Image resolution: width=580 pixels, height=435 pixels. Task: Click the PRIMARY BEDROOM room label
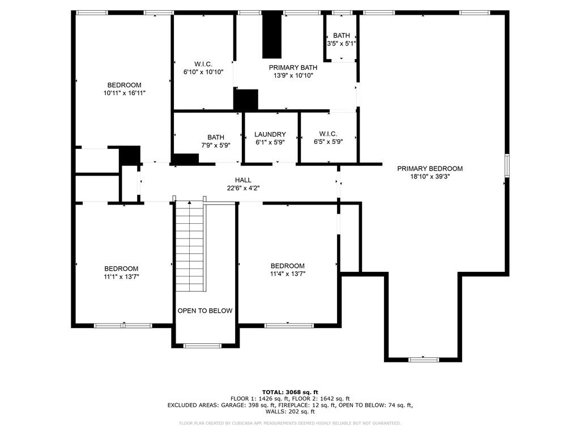coord(429,168)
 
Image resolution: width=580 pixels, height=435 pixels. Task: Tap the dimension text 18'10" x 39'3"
coord(429,176)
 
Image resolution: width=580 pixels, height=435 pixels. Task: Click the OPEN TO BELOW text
coord(204,310)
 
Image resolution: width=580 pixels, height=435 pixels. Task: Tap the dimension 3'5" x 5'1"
coord(341,43)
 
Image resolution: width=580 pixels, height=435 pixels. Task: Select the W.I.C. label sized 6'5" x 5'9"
coord(328,134)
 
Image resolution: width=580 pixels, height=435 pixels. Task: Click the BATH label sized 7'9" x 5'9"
coord(215,137)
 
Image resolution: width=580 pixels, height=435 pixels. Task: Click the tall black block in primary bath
coord(272,35)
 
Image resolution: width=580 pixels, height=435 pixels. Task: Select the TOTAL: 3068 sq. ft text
coord(290,392)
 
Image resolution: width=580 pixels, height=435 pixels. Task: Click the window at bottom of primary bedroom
coord(423,359)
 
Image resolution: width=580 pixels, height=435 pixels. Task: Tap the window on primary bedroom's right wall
coord(507,165)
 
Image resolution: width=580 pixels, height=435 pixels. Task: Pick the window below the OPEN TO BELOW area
coord(202,346)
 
